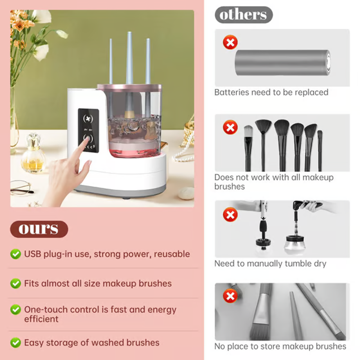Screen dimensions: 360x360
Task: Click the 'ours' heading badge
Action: [x=39, y=229]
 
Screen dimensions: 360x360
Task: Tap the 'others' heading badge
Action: [x=243, y=15]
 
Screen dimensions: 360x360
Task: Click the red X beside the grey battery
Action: [x=230, y=42]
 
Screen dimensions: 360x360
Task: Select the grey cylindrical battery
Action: [x=283, y=63]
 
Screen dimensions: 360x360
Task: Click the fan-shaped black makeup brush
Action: [x=263, y=144]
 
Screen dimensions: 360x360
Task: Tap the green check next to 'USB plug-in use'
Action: [x=16, y=254]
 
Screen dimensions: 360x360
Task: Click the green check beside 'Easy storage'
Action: [x=16, y=342]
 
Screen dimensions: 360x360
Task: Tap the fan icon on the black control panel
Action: [x=88, y=118]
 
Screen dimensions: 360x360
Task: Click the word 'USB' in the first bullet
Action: [x=32, y=254]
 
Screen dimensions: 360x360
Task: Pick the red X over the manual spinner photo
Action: [x=230, y=215]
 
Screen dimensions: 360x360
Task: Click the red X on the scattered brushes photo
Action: [x=230, y=296]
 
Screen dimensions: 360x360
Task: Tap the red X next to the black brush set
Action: [x=230, y=127]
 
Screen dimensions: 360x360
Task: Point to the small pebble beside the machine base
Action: [x=186, y=193]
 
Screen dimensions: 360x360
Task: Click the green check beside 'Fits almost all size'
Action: [x=16, y=283]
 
